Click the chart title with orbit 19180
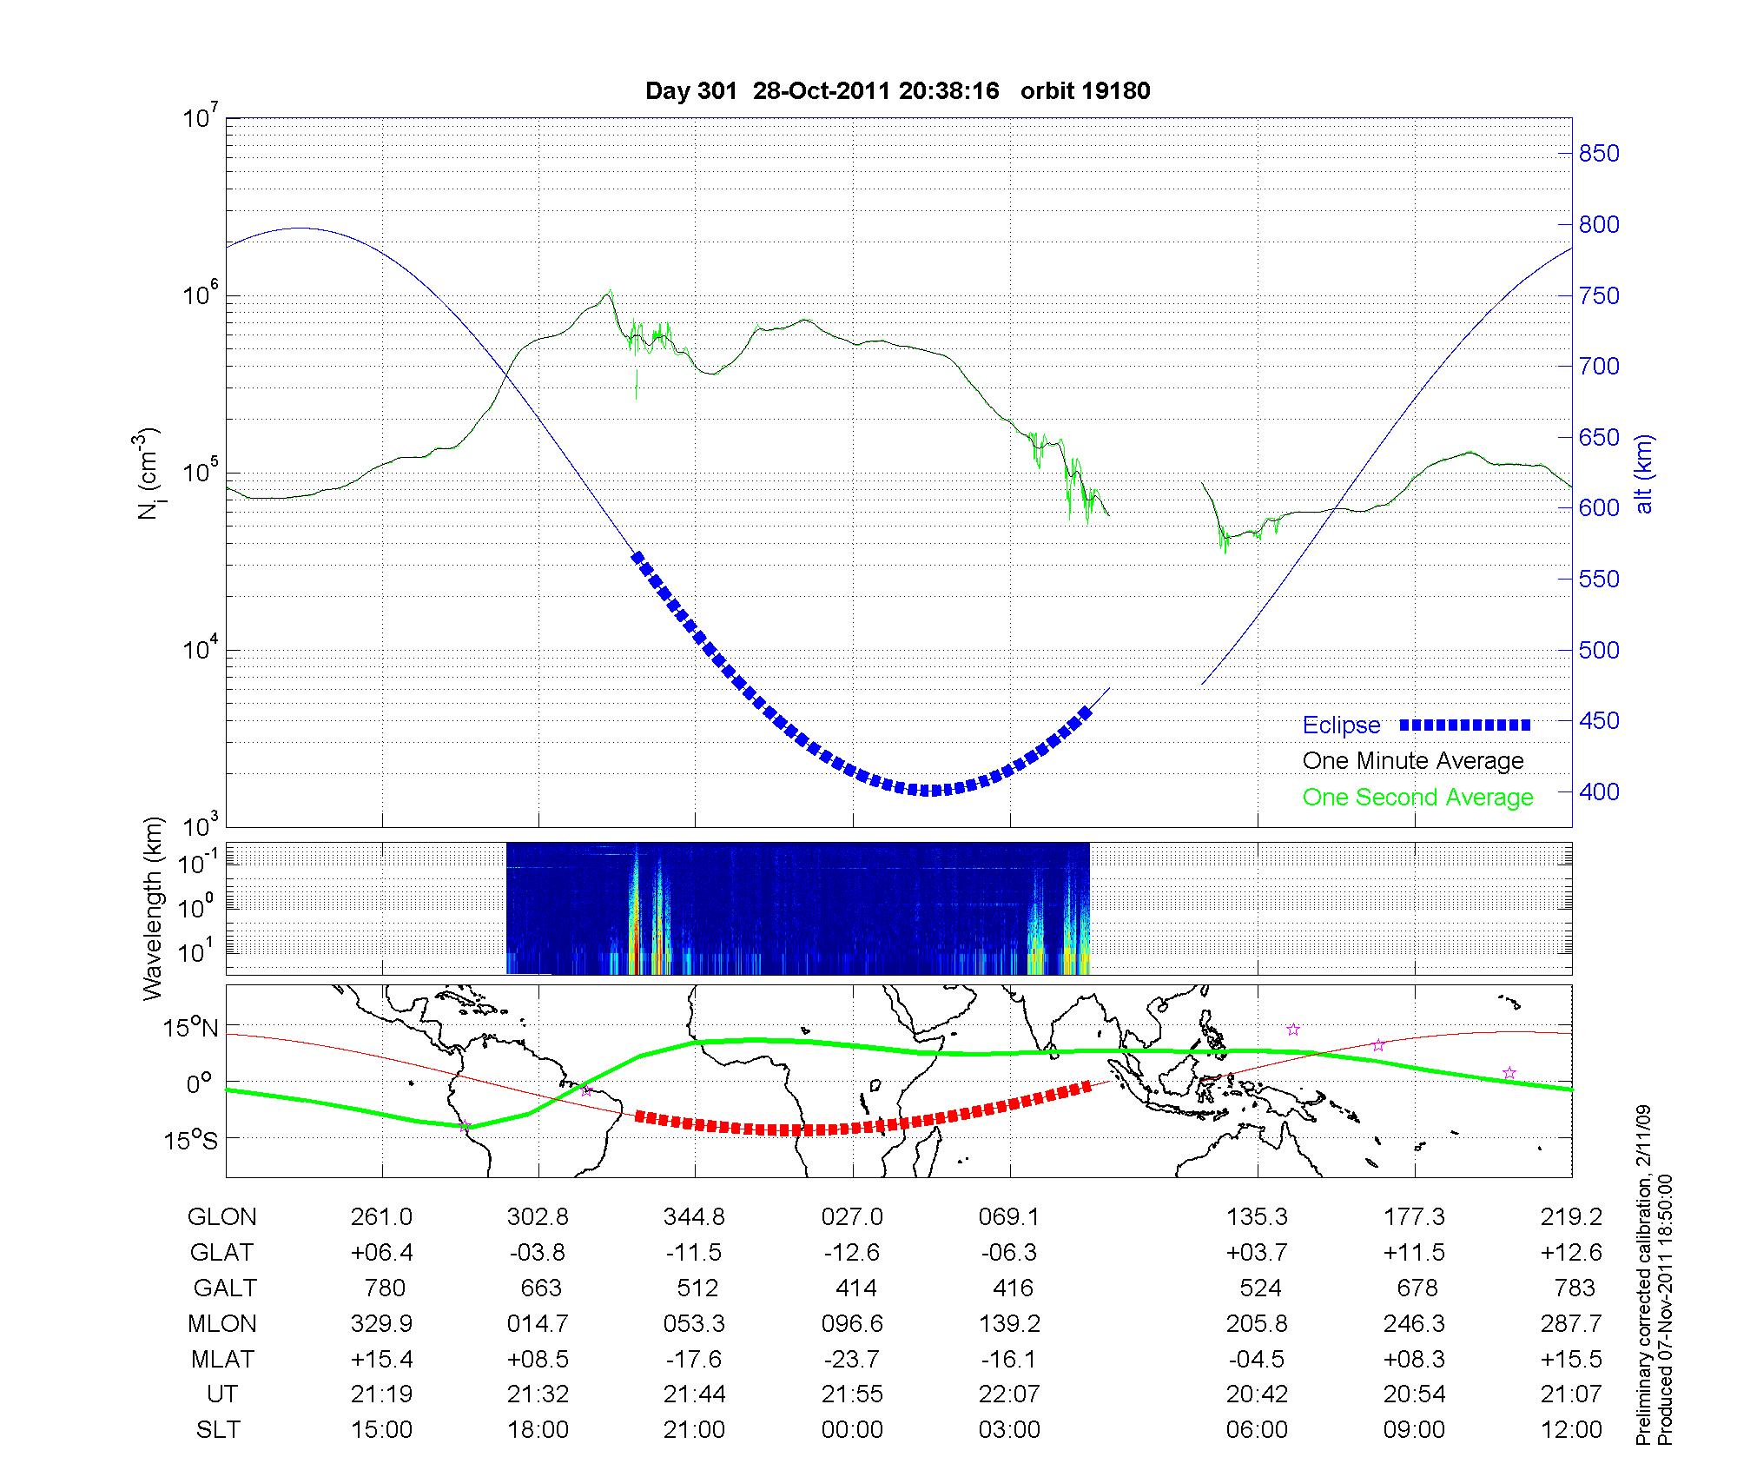(897, 91)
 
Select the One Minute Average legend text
(1413, 761)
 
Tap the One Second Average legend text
(1417, 798)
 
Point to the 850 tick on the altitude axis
(1599, 154)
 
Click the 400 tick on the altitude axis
(1599, 791)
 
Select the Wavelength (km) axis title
(154, 908)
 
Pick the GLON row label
(221, 1217)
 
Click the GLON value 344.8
(694, 1217)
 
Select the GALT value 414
(852, 1288)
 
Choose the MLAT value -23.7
(852, 1359)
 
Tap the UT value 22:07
(1009, 1394)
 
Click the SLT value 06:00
(1257, 1430)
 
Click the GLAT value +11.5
(1414, 1252)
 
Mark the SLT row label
(218, 1430)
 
